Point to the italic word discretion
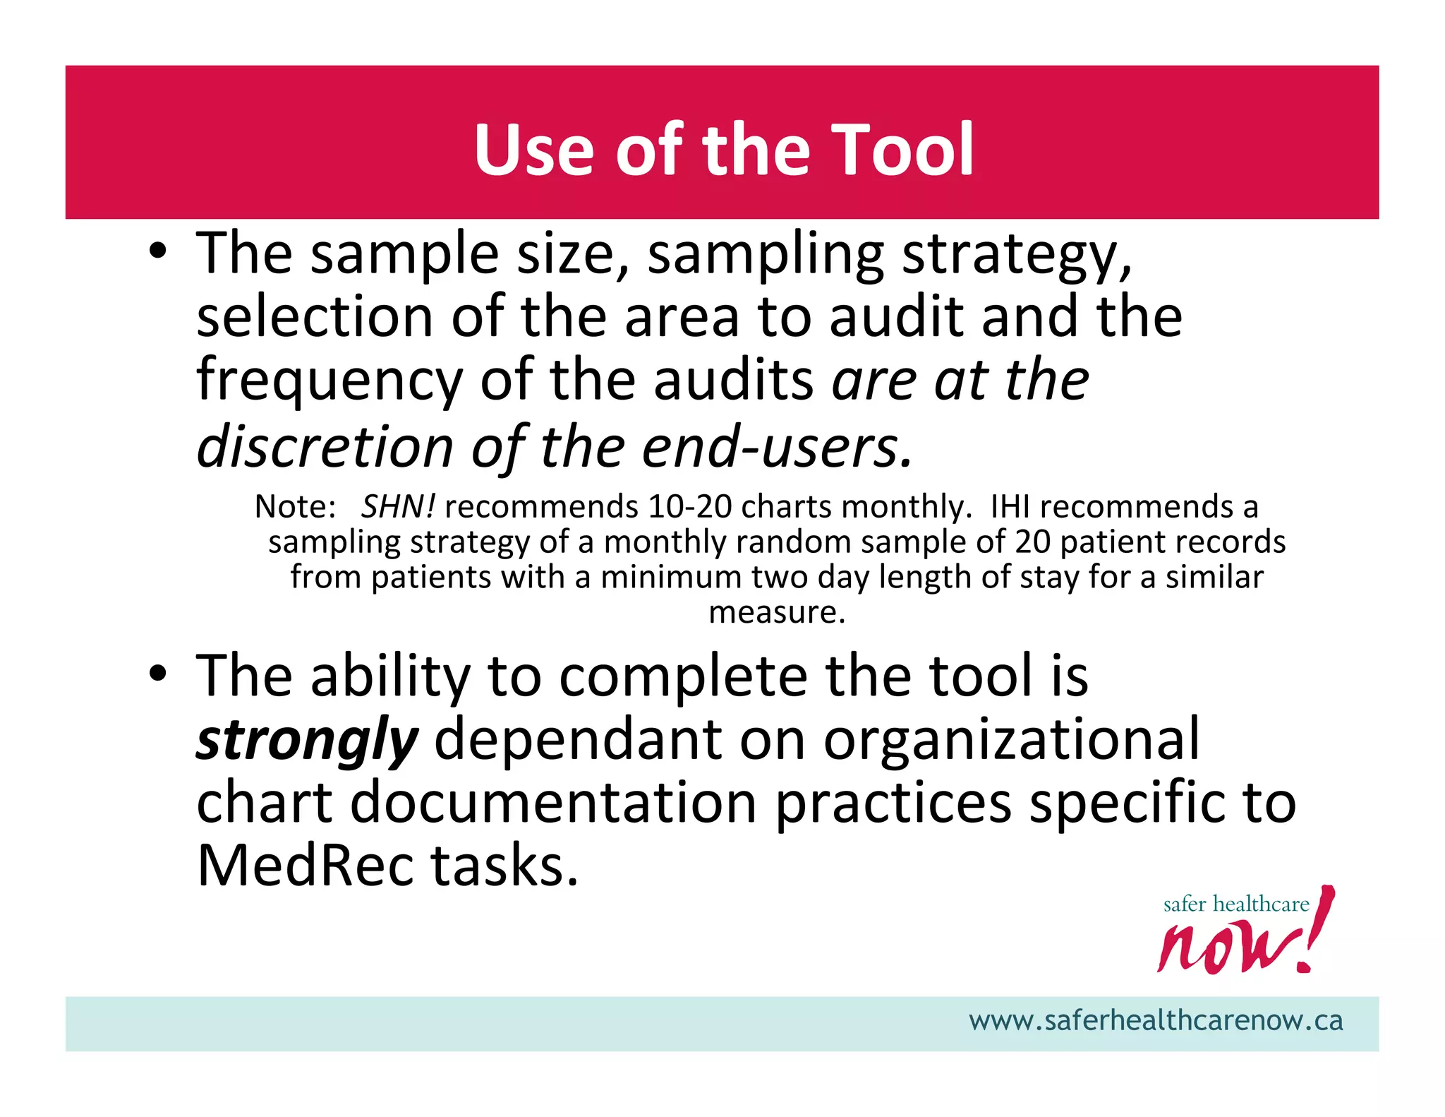point(325,447)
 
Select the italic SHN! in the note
point(398,506)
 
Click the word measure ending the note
point(776,612)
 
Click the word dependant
point(578,739)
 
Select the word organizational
point(1011,739)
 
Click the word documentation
point(554,802)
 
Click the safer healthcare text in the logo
point(1235,904)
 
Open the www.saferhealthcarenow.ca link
point(1156,1021)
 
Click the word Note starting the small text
point(294,506)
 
